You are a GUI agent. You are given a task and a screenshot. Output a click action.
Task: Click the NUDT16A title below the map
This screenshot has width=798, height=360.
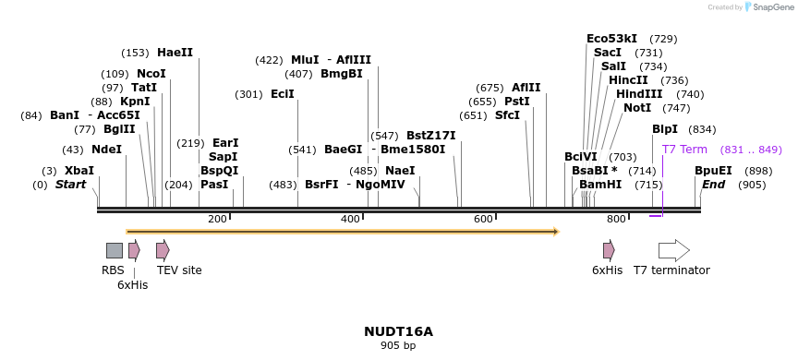pyautogui.click(x=398, y=331)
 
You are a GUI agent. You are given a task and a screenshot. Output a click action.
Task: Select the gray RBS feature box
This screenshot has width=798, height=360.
pyautogui.click(x=115, y=250)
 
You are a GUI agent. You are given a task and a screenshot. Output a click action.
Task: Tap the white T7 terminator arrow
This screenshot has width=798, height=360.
pyautogui.click(x=673, y=250)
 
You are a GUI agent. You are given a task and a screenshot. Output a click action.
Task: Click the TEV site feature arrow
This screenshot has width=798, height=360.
pyautogui.click(x=163, y=250)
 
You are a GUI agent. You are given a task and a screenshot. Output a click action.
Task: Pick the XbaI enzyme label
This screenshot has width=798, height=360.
pyautogui.click(x=79, y=171)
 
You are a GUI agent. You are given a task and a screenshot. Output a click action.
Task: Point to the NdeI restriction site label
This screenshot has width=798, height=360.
pyautogui.click(x=106, y=150)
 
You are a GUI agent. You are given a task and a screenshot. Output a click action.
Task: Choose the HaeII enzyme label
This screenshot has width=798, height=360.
pyautogui.click(x=175, y=53)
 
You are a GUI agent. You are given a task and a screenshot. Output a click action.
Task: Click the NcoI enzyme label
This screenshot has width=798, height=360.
pyautogui.click(x=151, y=74)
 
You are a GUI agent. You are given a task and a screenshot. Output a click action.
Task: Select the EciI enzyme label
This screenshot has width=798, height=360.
pyautogui.click(x=283, y=94)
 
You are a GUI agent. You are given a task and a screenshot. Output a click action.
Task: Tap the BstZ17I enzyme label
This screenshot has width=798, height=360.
pyautogui.click(x=431, y=136)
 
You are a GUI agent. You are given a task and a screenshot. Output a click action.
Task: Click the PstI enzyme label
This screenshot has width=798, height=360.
pyautogui.click(x=517, y=102)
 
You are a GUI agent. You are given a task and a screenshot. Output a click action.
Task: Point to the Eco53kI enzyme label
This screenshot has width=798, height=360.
pyautogui.click(x=612, y=39)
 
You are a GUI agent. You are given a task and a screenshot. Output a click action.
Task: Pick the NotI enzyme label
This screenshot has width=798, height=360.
pyautogui.click(x=637, y=108)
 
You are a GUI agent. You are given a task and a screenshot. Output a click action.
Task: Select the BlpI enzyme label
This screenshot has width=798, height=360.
pyautogui.click(x=665, y=129)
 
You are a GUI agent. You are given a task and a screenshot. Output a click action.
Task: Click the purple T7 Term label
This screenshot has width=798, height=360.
pyautogui.click(x=684, y=150)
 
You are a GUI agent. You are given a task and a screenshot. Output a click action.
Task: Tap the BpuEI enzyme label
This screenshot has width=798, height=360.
pyautogui.click(x=713, y=171)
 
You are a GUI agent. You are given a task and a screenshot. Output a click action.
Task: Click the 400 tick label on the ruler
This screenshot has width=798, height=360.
pyautogui.click(x=351, y=219)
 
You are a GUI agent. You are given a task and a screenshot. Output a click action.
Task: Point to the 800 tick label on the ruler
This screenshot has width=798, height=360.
pyautogui.click(x=616, y=219)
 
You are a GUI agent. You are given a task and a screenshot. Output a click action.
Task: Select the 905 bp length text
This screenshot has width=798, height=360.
pyautogui.click(x=398, y=346)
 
